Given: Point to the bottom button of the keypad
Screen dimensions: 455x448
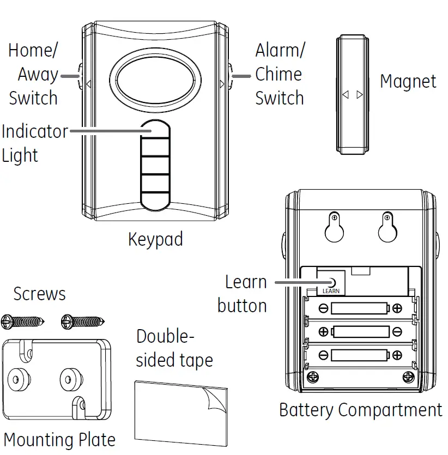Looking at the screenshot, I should click(x=155, y=197).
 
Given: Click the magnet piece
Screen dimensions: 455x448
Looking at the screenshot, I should click(x=352, y=94).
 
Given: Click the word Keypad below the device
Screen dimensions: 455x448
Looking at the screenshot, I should click(x=155, y=239).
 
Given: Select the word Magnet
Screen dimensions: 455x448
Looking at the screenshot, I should click(x=408, y=82).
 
